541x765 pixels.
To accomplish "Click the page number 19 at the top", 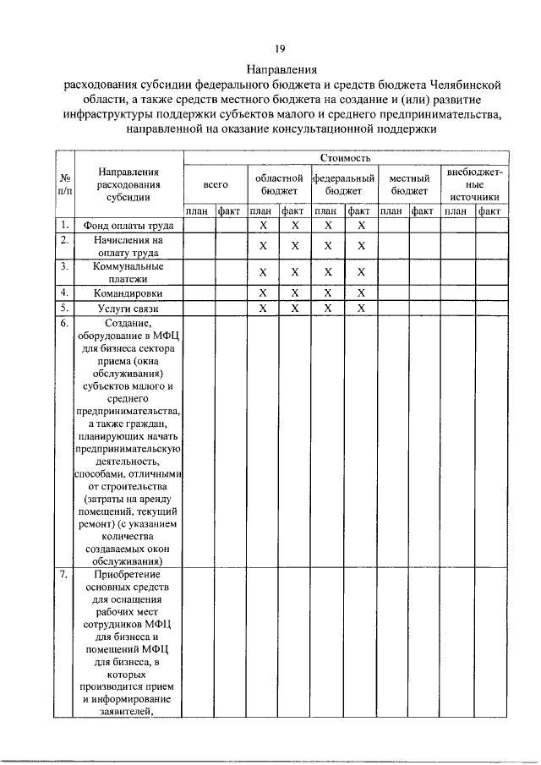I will point(279,49).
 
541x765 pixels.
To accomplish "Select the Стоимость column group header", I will point(346,157).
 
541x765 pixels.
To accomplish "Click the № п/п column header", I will point(64,184).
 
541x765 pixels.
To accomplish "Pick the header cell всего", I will point(216,183).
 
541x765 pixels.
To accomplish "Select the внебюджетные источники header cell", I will point(473,183).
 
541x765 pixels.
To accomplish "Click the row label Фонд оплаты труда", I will point(128,226).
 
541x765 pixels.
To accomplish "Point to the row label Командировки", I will point(128,292).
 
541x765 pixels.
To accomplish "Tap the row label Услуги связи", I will point(128,309).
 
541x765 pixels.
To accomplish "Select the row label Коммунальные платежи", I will point(128,271).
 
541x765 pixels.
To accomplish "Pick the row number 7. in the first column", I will point(64,576).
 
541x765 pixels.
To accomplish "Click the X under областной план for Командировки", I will point(263,292).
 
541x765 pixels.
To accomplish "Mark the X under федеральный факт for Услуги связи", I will point(361,309).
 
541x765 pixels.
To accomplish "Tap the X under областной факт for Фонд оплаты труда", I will point(295,226).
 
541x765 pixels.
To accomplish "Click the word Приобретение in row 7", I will point(128,576).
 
